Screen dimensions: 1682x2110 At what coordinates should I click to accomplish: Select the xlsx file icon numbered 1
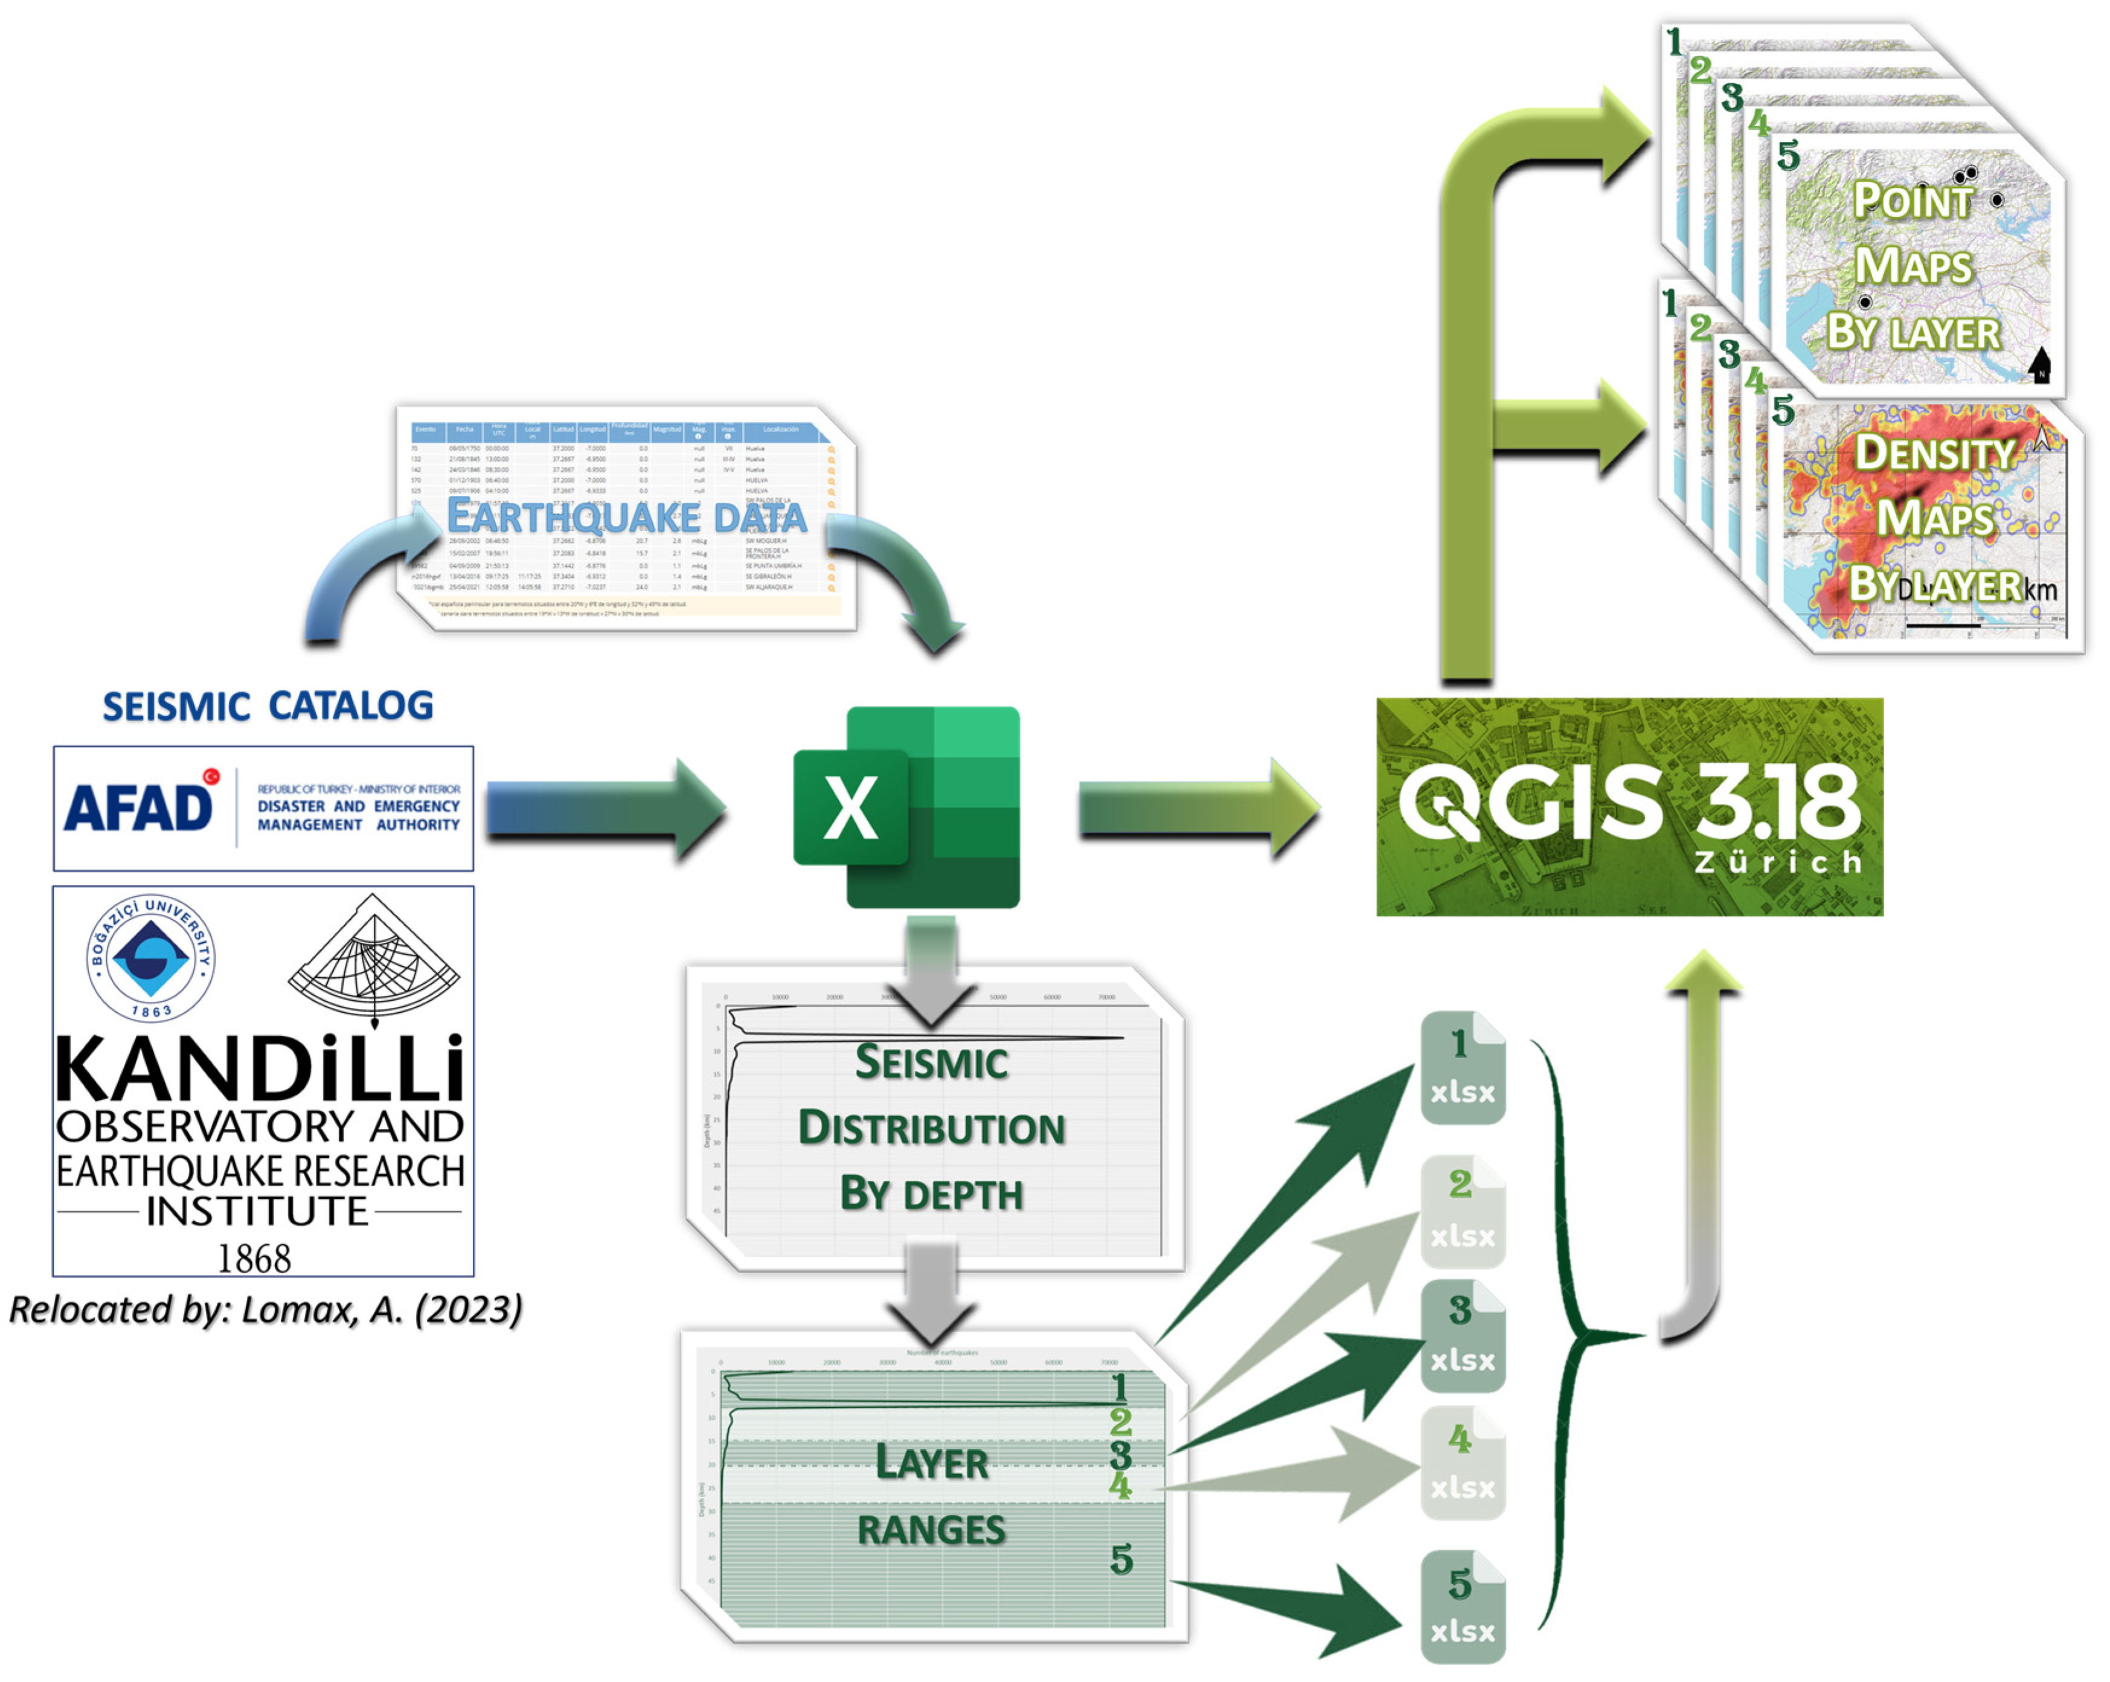1462,1068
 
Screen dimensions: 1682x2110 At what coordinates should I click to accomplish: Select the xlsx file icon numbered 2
1462,1212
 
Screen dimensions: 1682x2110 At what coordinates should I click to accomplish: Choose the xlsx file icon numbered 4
1462,1464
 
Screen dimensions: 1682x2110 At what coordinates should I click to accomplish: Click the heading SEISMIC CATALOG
267,705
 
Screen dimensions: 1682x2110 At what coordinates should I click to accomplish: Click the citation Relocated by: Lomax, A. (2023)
265,1309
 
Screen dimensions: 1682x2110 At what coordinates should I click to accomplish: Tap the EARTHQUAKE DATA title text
626,516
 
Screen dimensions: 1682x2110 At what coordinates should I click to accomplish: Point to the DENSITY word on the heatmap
1935,453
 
